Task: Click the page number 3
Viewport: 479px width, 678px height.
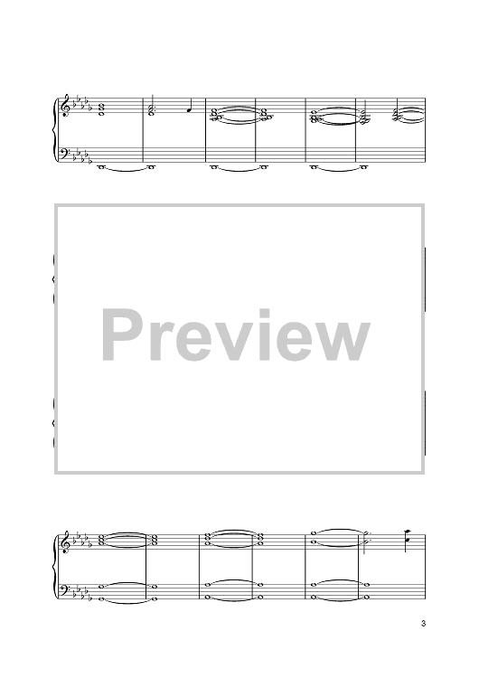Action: point(423,624)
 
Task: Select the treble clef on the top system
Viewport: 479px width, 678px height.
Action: point(66,106)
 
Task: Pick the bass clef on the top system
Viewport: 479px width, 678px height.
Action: point(66,154)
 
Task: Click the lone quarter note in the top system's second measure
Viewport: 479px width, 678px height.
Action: point(190,108)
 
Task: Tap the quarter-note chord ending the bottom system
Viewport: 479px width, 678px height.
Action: point(408,539)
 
